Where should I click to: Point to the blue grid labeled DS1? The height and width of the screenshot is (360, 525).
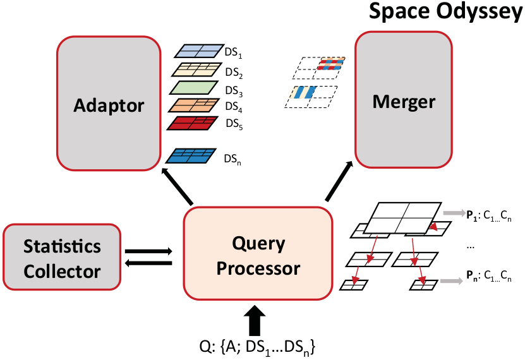click(x=196, y=51)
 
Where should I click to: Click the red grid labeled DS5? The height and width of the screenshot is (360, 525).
click(x=192, y=123)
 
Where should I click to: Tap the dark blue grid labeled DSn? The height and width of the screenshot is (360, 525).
click(x=192, y=155)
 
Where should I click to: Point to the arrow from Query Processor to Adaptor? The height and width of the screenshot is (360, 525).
click(x=179, y=186)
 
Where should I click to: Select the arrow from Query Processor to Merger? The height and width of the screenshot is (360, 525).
click(x=340, y=182)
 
